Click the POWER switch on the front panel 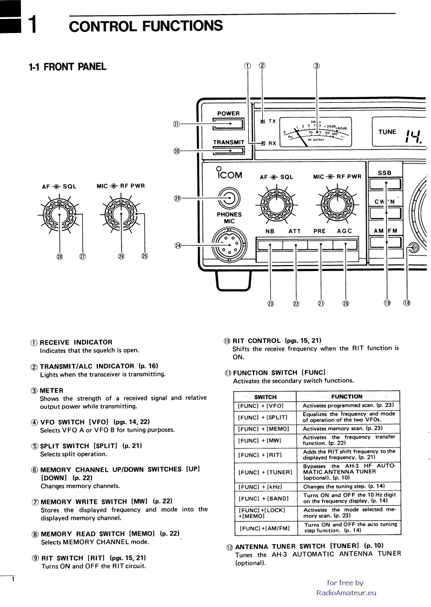[228, 125]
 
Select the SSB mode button [384, 185]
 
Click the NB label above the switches [269, 231]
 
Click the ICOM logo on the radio [228, 174]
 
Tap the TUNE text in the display [387, 132]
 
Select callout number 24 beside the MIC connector [178, 245]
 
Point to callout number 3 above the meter [316, 66]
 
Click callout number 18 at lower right [406, 302]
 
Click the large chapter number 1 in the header [32, 25]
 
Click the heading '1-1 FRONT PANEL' [68, 67]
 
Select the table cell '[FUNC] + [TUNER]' [265, 472]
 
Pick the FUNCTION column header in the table [347, 397]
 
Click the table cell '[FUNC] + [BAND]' [265, 498]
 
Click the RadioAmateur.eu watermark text [346, 592]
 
